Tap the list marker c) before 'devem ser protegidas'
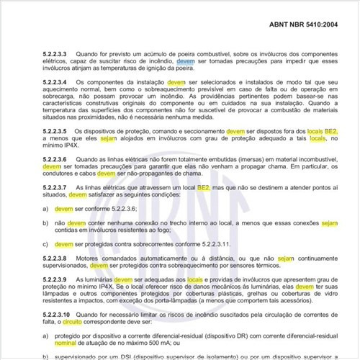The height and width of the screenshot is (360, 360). (45, 243)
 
